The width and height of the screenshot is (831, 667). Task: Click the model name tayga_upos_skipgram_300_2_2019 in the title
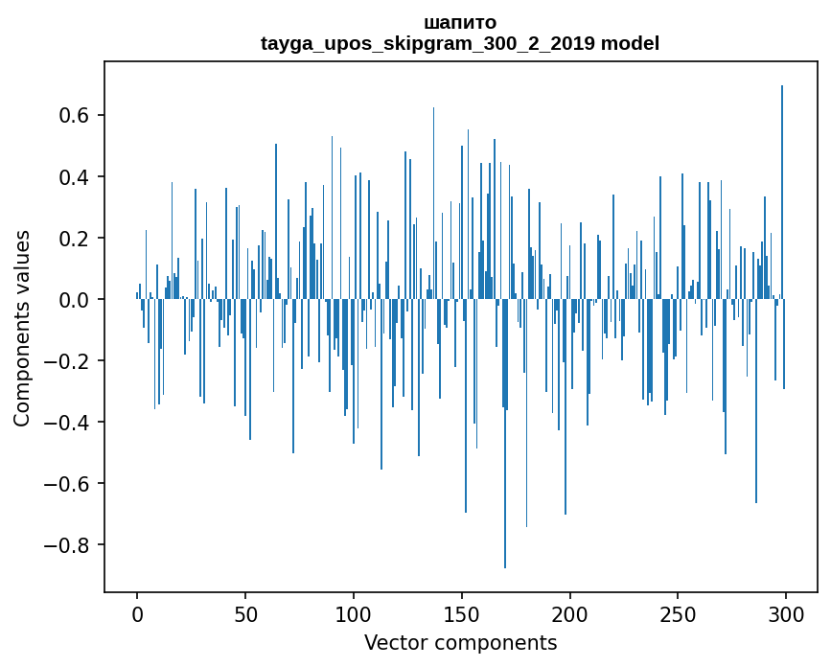click(427, 43)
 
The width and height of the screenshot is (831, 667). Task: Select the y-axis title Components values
click(22, 328)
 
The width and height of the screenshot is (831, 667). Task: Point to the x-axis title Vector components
click(460, 642)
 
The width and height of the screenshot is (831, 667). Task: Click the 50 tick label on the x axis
click(245, 612)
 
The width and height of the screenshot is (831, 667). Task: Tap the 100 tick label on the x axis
click(354, 612)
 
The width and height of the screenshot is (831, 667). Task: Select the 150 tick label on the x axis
click(462, 612)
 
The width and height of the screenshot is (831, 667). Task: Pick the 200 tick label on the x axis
click(570, 612)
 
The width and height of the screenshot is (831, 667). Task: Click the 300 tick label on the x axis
click(786, 612)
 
